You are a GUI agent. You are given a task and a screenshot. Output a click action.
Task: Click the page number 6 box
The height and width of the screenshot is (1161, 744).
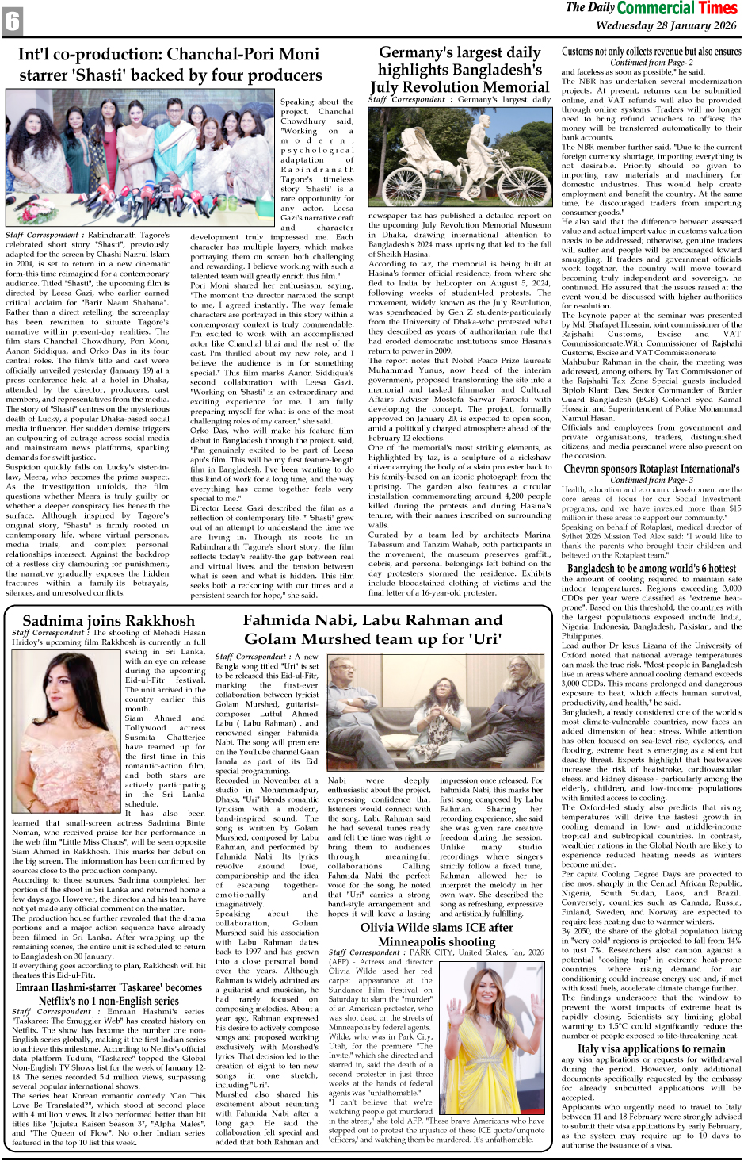(13, 21)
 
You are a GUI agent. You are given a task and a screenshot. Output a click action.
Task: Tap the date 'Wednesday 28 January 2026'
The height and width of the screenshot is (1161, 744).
(666, 25)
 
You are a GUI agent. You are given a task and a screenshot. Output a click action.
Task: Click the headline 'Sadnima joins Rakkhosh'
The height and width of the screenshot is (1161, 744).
(109, 620)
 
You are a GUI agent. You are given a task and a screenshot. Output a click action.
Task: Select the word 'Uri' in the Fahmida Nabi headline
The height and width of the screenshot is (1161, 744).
(485, 638)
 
